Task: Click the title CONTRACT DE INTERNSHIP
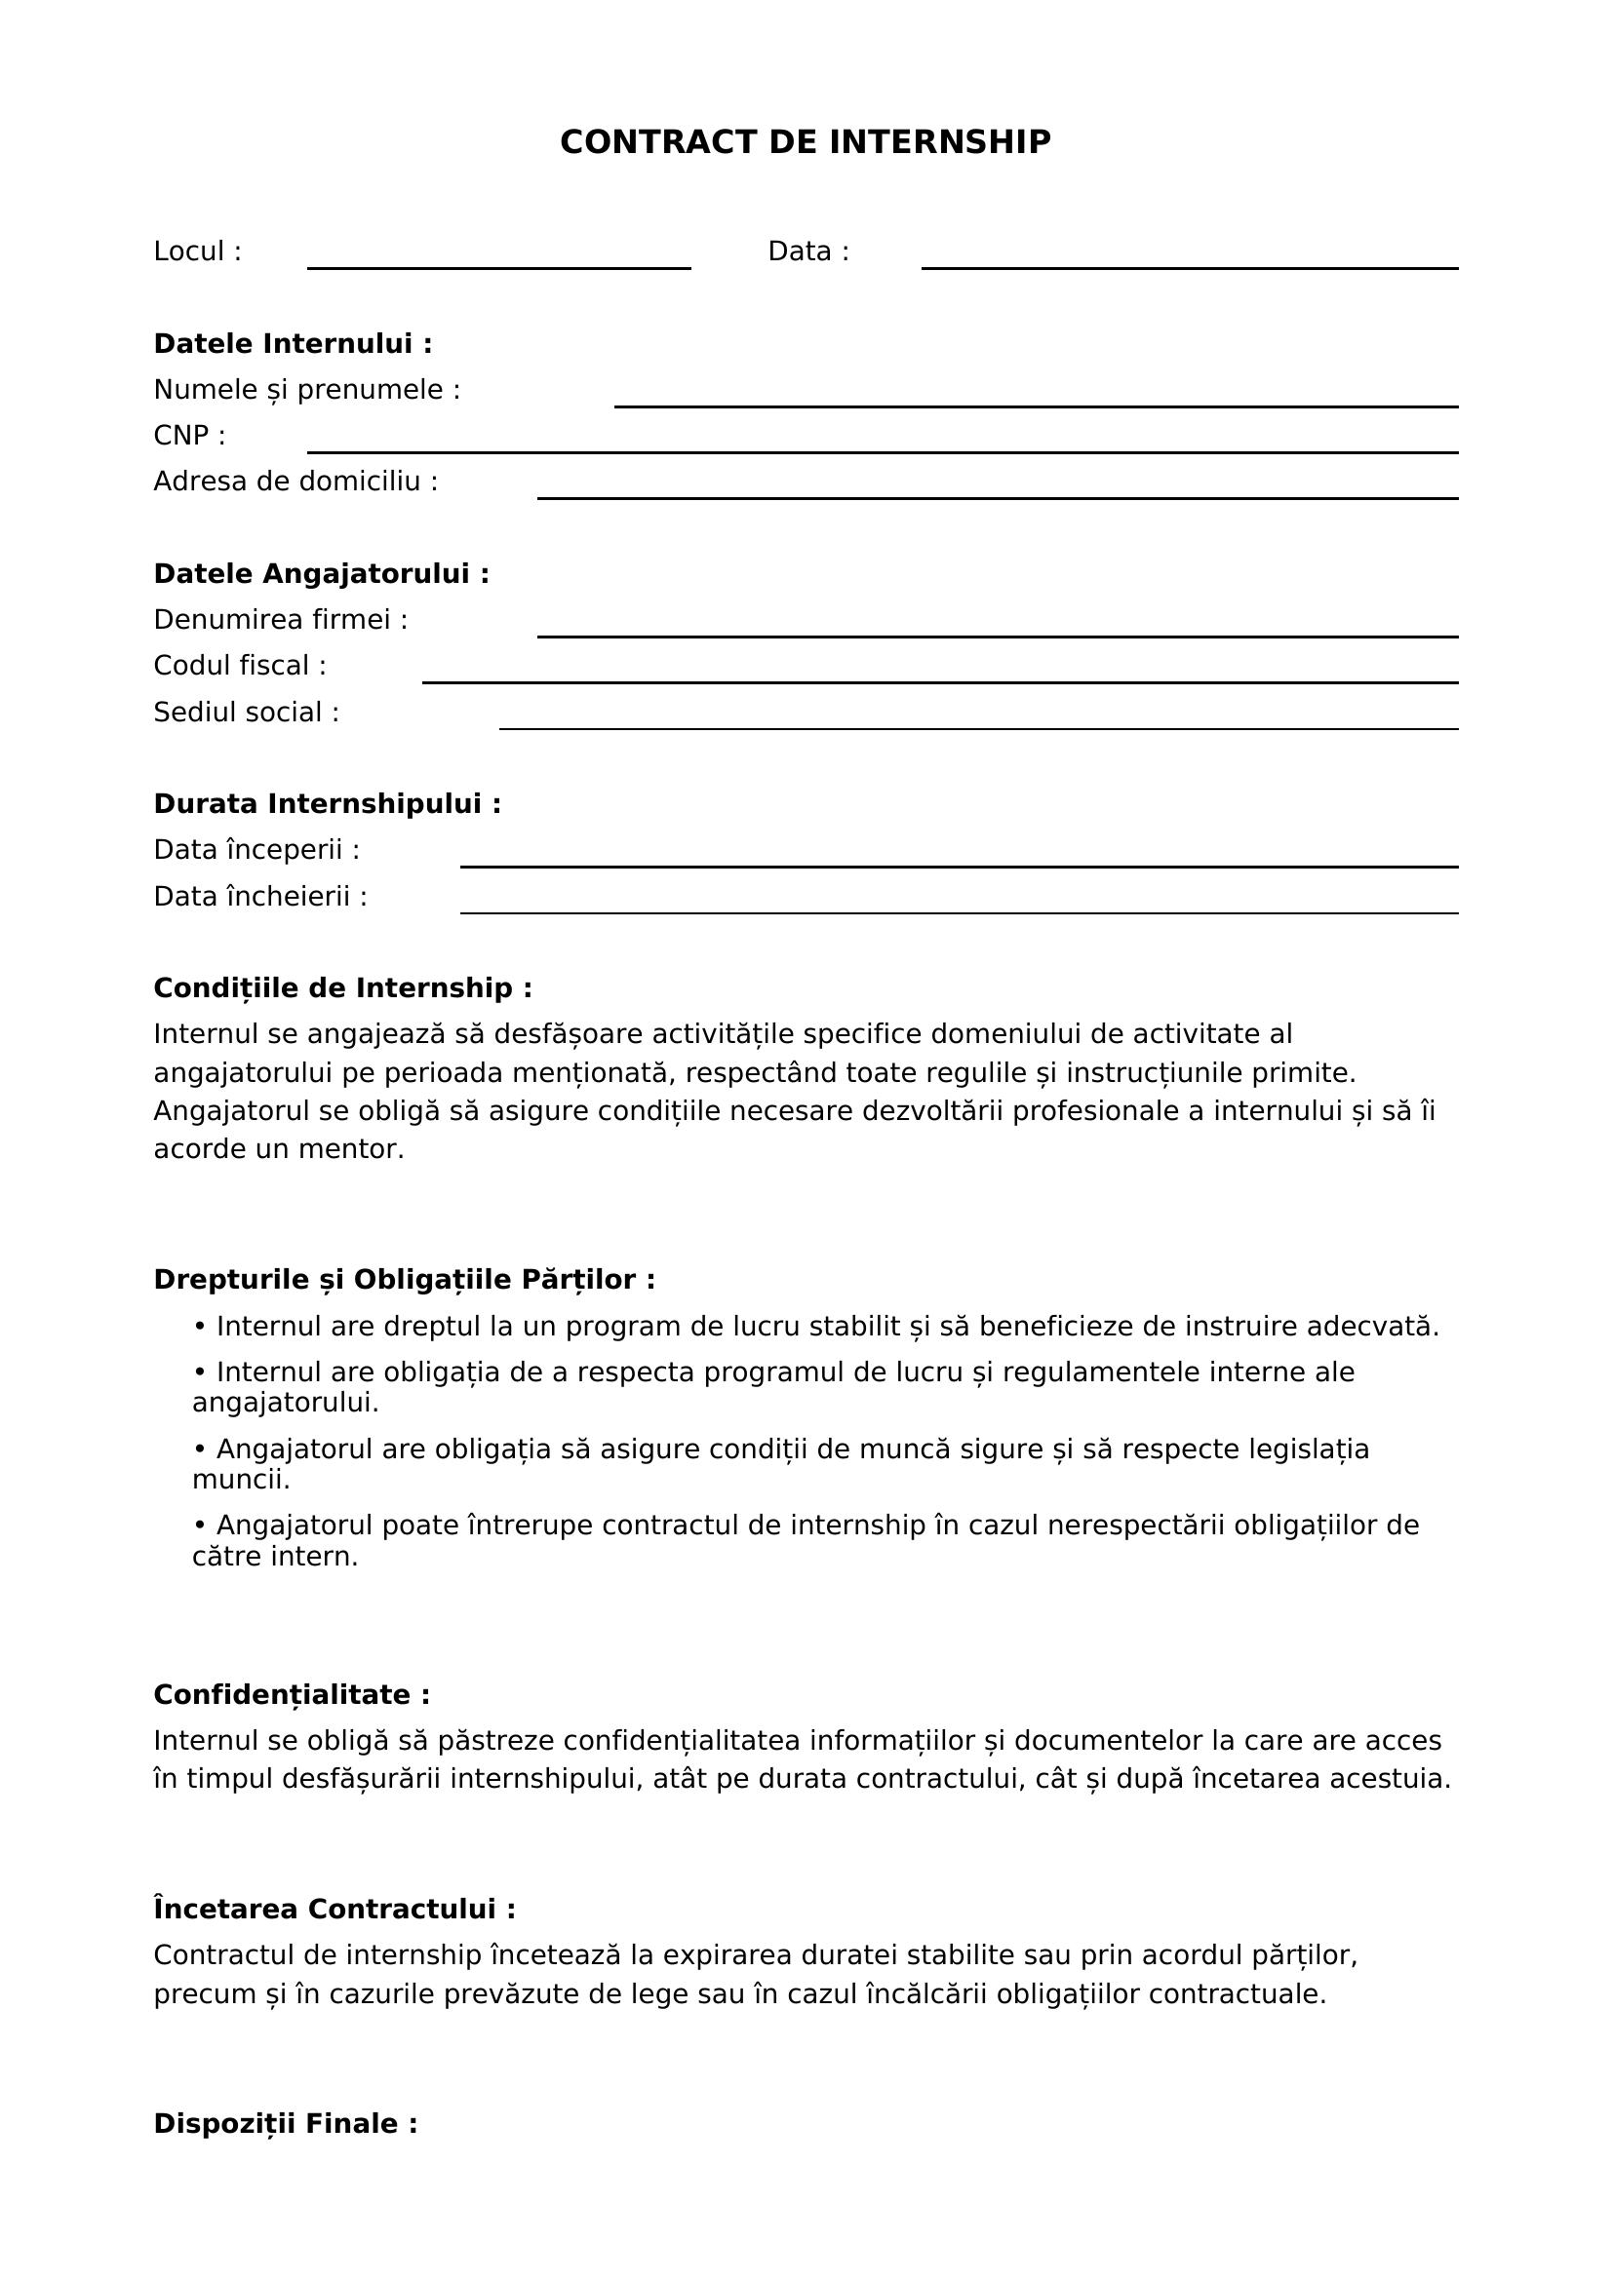click(805, 142)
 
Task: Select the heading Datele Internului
click(293, 343)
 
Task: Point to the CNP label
click(189, 435)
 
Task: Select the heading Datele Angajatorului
click(321, 574)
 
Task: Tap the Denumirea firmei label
click(280, 620)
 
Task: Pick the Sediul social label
click(246, 712)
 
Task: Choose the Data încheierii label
click(260, 897)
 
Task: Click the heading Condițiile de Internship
click(342, 988)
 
